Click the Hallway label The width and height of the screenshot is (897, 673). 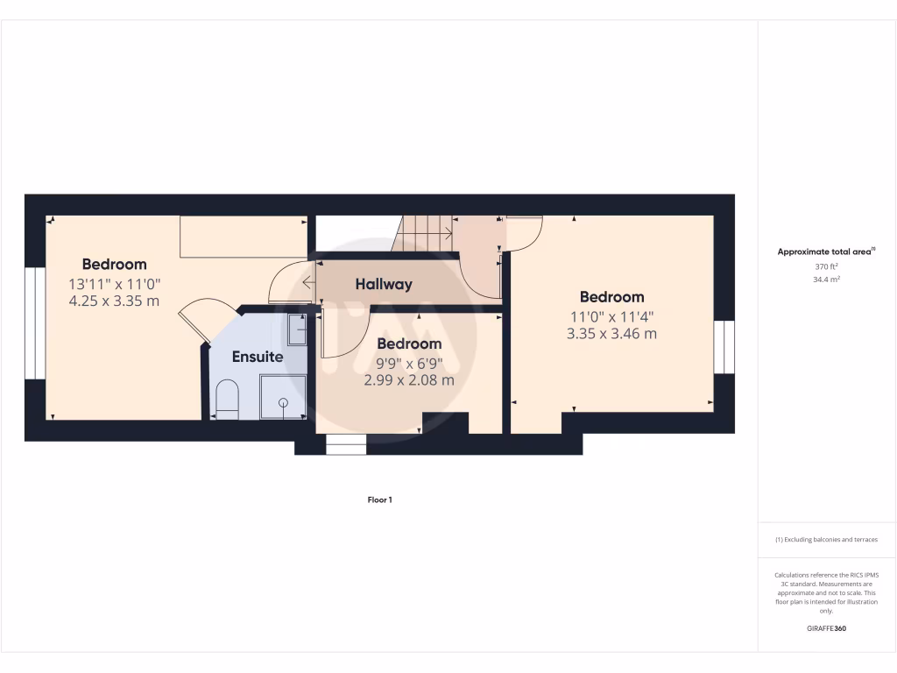point(384,284)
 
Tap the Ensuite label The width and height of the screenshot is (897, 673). point(257,357)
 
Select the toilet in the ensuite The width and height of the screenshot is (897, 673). point(227,399)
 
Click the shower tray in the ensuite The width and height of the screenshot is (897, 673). point(283,396)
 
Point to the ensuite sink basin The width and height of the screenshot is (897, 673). point(297,330)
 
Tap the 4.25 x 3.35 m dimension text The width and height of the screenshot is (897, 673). point(114,301)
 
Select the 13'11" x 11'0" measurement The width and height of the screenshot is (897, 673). point(114,283)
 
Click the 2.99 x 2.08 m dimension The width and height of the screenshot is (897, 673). point(409,380)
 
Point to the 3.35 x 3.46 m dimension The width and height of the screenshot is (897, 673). point(611,333)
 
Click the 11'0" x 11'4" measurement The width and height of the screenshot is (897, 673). point(611,316)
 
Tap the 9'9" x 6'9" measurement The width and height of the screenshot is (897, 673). point(409,363)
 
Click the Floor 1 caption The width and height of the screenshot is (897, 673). point(379,499)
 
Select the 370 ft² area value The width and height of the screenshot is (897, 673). point(826,266)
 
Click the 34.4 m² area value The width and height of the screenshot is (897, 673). point(826,279)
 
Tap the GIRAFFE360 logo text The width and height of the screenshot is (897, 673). point(826,628)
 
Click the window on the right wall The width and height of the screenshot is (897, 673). point(724,347)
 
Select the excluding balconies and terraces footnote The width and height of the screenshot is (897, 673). point(826,540)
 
